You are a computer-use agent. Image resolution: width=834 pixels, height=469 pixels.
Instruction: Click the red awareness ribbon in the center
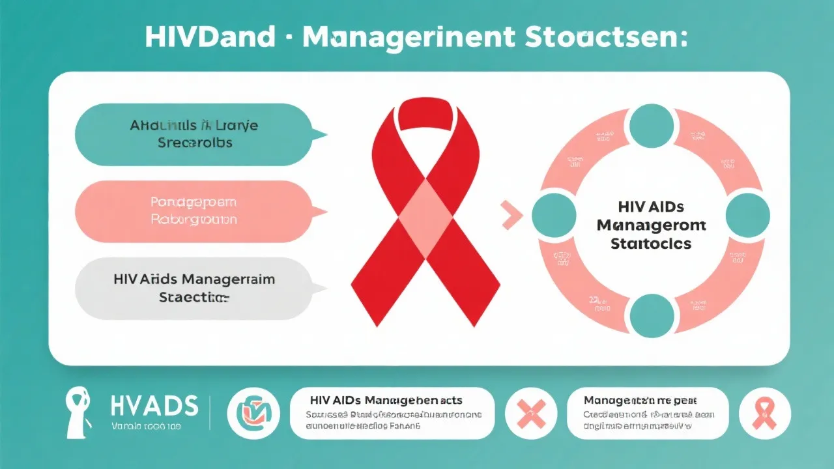tap(425, 215)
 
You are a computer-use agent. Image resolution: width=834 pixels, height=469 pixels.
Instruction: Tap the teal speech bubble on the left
tap(193, 134)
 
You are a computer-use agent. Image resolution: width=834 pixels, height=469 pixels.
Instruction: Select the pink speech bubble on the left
tap(193, 211)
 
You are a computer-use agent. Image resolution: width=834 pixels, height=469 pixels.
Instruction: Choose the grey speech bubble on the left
tap(193, 288)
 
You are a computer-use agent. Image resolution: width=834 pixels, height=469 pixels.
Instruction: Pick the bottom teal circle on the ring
tap(651, 315)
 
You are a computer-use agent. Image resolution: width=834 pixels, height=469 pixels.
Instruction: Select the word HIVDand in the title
tap(210, 38)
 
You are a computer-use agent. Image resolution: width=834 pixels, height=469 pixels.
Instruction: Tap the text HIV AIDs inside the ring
tap(650, 207)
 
